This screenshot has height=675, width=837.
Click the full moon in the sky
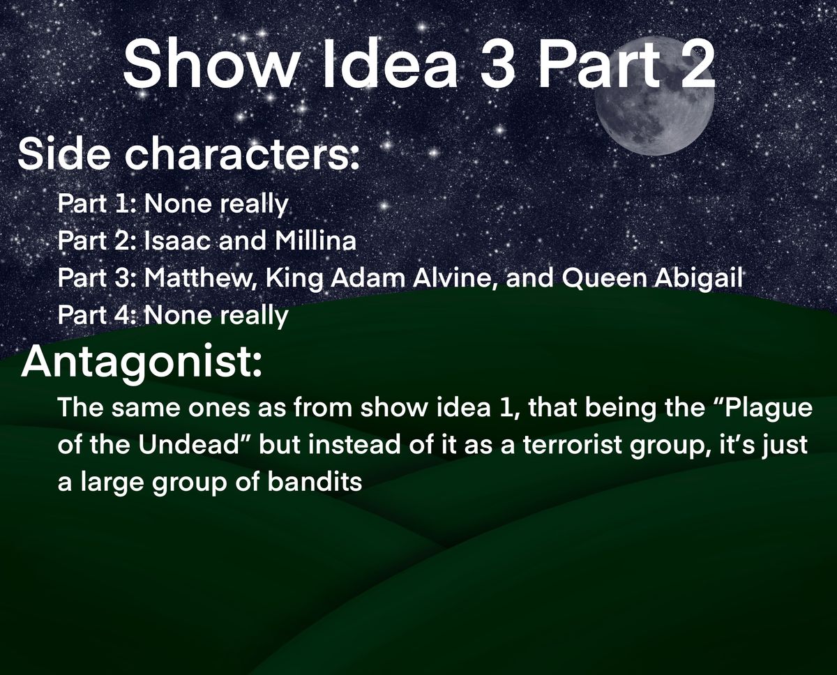point(654,96)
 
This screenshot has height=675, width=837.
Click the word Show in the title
point(211,65)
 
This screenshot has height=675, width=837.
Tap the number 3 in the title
point(497,65)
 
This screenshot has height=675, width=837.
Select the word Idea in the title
point(390,65)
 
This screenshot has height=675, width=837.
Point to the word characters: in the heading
point(241,153)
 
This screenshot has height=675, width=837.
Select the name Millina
point(315,241)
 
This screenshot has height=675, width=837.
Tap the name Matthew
point(200,278)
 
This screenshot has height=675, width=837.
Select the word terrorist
point(573,444)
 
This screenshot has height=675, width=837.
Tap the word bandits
point(315,481)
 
